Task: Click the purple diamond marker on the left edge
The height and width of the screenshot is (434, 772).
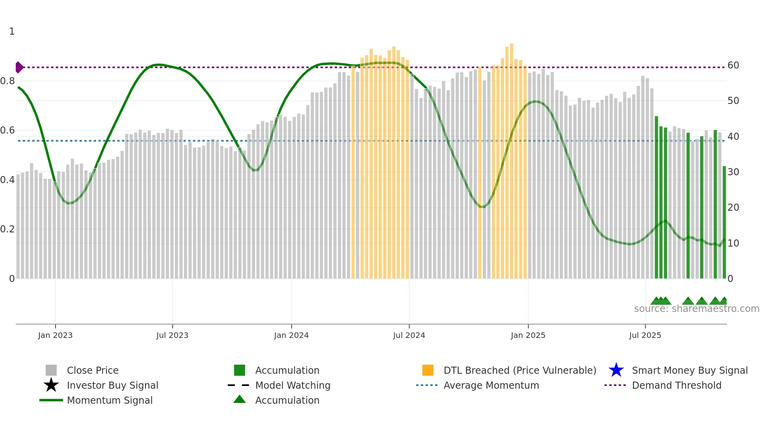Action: pos(19,67)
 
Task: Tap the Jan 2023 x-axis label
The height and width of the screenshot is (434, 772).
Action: pos(55,336)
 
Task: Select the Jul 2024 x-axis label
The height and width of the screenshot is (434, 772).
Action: pos(409,336)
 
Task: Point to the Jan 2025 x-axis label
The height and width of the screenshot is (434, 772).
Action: pos(528,336)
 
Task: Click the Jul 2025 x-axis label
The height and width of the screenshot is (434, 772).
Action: pos(645,336)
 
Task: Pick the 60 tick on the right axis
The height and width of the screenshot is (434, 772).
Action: pos(733,65)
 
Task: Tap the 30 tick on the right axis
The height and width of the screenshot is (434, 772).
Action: pos(733,172)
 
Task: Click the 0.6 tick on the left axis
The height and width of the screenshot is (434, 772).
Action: pos(7,130)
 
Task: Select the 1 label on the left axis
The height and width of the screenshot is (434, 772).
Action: pos(12,32)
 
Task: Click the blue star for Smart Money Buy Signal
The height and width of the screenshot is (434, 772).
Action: pos(616,370)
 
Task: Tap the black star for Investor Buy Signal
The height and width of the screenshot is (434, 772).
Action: pos(51,385)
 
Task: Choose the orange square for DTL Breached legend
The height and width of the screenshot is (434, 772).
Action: pos(428,370)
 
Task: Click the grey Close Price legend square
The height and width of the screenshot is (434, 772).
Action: pos(51,370)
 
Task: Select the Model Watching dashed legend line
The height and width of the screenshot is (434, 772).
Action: pos(239,385)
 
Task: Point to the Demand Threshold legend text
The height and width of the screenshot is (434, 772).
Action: pos(676,385)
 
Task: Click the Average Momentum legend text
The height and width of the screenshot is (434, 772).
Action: pos(491,385)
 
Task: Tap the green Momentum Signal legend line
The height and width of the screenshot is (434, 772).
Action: pos(51,400)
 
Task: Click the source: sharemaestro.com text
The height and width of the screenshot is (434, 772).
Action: pos(696,309)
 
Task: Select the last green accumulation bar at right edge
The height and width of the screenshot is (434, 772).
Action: pos(724,223)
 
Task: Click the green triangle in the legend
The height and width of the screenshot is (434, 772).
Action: pos(239,399)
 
